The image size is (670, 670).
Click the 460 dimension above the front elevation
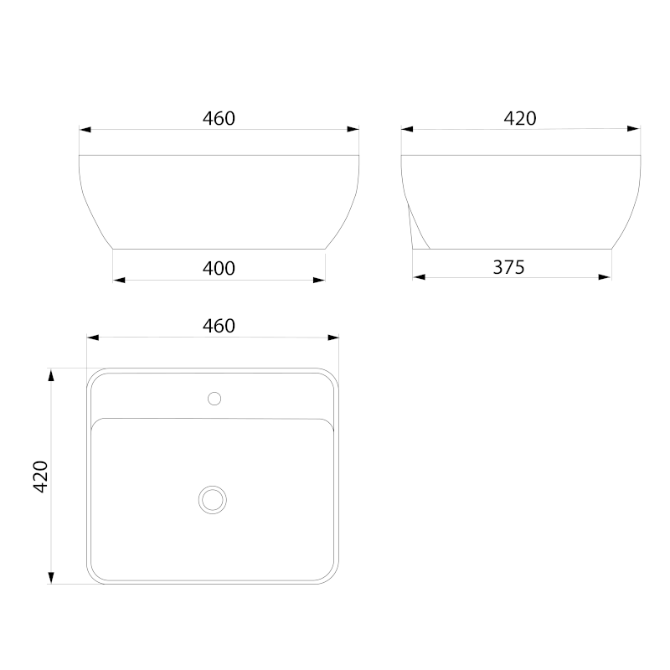pyautogui.click(x=219, y=118)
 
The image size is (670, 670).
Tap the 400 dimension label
pyautogui.click(x=219, y=268)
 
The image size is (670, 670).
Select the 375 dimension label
pyautogui.click(x=508, y=267)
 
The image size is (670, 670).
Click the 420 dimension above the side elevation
pyautogui.click(x=520, y=118)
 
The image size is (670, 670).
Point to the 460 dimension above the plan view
pyautogui.click(x=219, y=326)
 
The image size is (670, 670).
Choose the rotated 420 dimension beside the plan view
pyautogui.click(x=40, y=477)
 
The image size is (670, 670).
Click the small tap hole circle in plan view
pyautogui.click(x=214, y=399)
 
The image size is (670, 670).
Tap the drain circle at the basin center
pyautogui.click(x=213, y=500)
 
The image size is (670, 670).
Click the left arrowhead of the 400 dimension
pyautogui.click(x=119, y=281)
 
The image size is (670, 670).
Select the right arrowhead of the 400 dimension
pyautogui.click(x=319, y=281)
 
